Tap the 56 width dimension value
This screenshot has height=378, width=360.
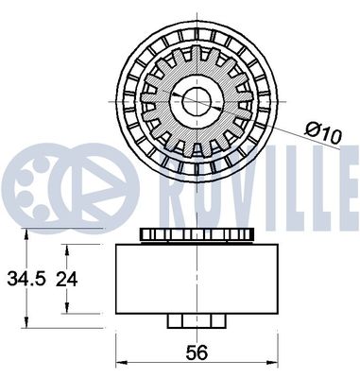pos(196,352)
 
